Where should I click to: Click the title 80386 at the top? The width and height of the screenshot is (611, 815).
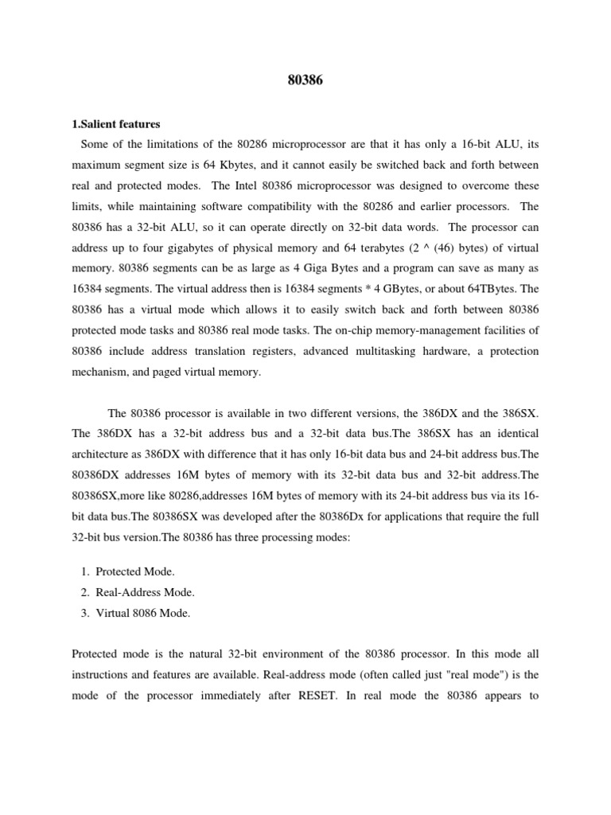pyautogui.click(x=305, y=80)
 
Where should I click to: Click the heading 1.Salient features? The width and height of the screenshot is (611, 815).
pyautogui.click(x=116, y=124)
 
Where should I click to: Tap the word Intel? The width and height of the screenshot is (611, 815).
pyautogui.click(x=250, y=186)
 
